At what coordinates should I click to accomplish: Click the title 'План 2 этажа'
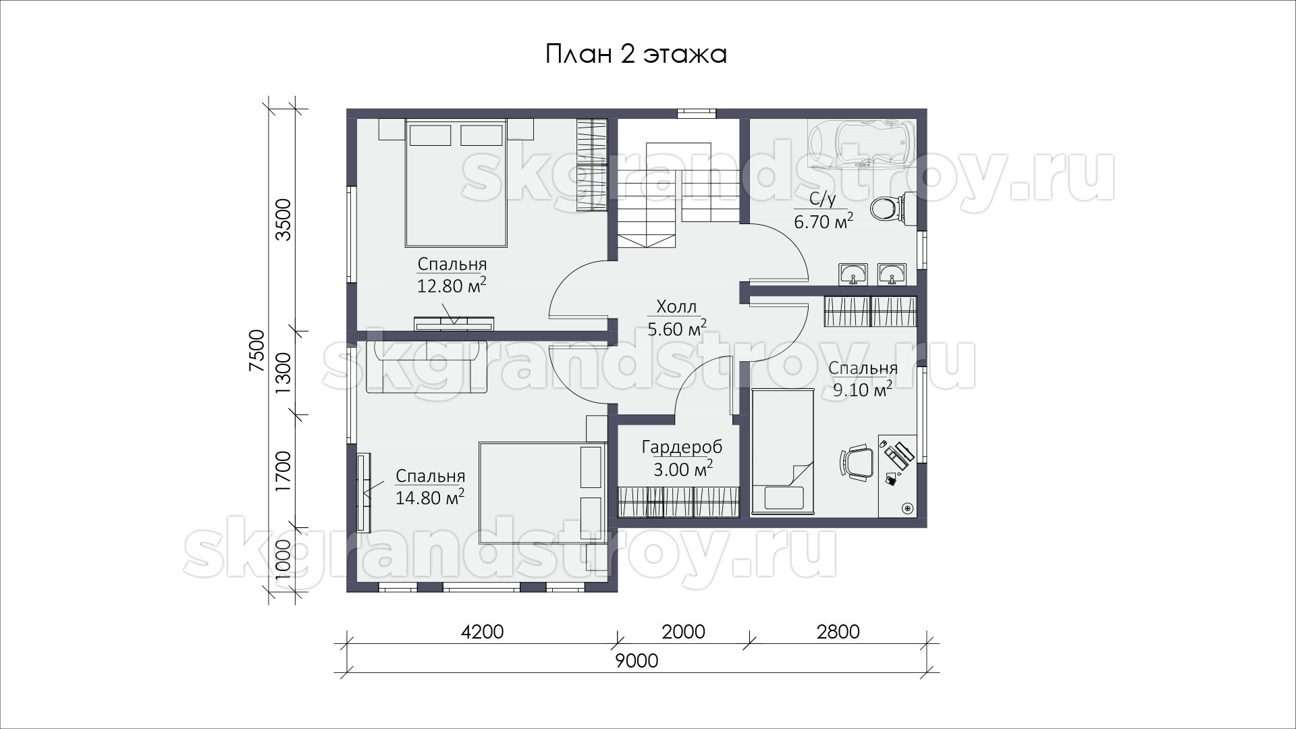[x=636, y=54]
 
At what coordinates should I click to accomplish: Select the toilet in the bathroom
[x=892, y=208]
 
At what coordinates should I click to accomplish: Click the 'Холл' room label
[x=676, y=307]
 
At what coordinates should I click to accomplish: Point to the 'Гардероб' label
[x=682, y=447]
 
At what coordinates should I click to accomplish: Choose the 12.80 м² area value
[x=452, y=286]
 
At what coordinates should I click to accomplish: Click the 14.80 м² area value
[x=430, y=497]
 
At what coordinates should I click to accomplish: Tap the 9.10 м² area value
[x=863, y=389]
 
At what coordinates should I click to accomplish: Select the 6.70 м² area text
[x=823, y=221]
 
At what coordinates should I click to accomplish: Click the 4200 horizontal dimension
[x=482, y=632]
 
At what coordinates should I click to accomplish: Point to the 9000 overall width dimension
[x=637, y=661]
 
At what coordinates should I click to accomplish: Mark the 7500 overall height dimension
[x=257, y=350]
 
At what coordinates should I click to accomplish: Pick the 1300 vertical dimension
[x=283, y=373]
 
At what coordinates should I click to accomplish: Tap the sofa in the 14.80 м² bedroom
[x=426, y=367]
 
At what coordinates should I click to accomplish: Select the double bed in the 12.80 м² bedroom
[x=456, y=183]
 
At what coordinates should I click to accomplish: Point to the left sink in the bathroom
[x=854, y=273]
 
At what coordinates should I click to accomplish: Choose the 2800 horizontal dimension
[x=838, y=632]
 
